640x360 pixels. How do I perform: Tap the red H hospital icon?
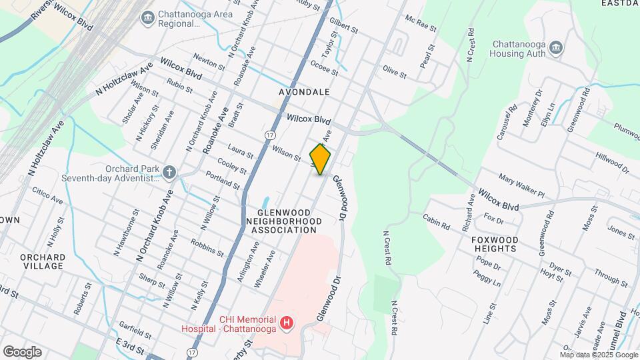(287, 323)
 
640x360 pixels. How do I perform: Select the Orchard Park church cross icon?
(170, 173)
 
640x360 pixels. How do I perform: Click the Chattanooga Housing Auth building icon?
(557, 48)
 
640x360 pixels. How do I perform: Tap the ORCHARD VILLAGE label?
(42, 261)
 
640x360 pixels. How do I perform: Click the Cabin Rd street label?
(436, 221)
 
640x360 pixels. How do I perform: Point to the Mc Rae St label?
(420, 25)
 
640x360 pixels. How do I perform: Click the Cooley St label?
(233, 166)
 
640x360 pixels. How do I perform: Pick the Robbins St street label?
(207, 247)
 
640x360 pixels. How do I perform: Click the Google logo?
(22, 351)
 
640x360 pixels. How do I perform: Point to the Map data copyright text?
(598, 354)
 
